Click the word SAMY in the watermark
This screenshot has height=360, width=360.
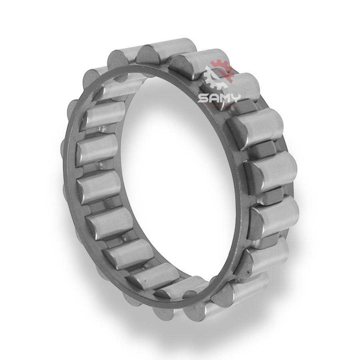(x=219, y=98)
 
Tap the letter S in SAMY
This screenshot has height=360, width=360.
(x=203, y=98)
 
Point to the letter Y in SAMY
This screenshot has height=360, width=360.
(x=235, y=98)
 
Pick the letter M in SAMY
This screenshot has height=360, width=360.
(x=224, y=98)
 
